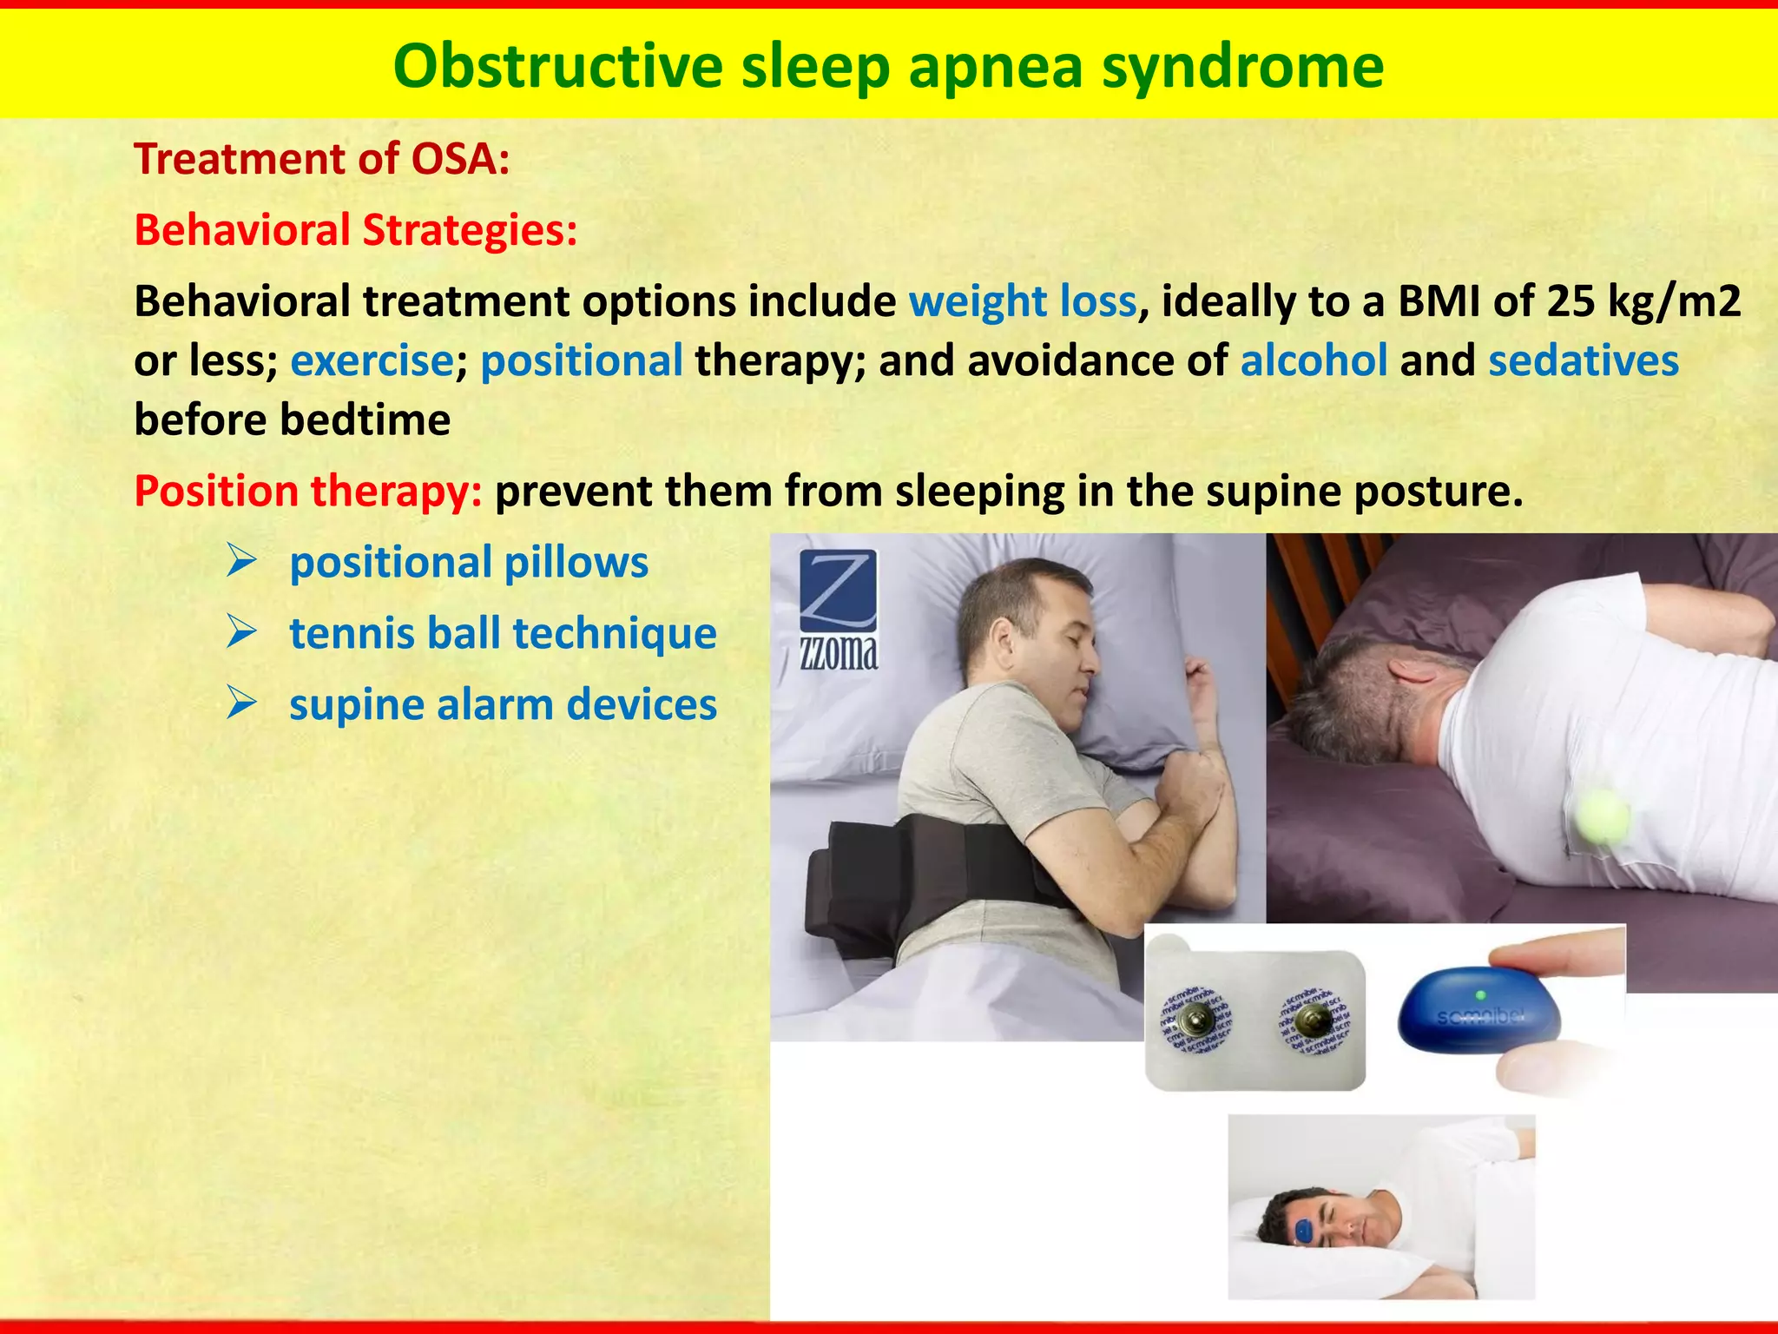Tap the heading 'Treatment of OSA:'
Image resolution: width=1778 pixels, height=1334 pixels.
pos(321,159)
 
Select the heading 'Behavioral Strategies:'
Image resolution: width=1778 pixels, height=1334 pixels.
pos(356,230)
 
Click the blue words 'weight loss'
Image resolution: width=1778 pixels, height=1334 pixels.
pos(1023,301)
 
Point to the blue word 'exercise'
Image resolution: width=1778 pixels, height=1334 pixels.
pos(372,360)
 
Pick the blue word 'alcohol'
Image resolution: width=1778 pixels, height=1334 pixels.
pos(1314,360)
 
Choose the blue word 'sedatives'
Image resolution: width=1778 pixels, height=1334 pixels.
pos(1584,360)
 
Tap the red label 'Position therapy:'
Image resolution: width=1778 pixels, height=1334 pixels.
pos(308,491)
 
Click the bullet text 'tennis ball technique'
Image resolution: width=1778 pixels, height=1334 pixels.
pos(503,633)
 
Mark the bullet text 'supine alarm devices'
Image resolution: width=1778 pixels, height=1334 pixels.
pos(503,704)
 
